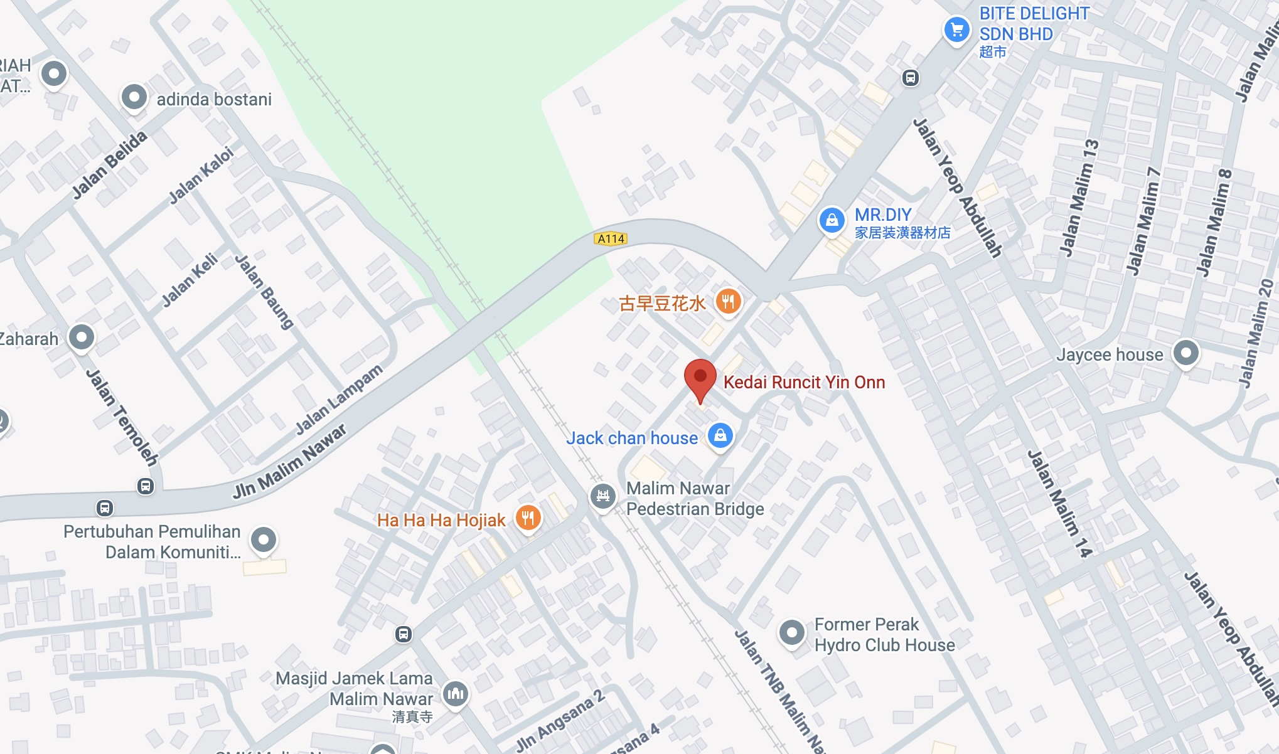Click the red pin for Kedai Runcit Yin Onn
(700, 378)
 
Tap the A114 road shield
(611, 238)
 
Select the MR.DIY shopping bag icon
(832, 220)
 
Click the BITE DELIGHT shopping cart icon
(956, 29)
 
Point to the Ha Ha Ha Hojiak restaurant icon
(528, 518)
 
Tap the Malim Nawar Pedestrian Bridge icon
(602, 496)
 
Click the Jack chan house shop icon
(720, 435)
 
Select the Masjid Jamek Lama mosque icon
(456, 693)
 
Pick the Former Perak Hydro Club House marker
(791, 633)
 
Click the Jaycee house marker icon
(1185, 353)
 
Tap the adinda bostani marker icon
(134, 97)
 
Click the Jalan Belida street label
(109, 164)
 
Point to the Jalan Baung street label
(264, 291)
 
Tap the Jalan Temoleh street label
(122, 417)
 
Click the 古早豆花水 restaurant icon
(728, 302)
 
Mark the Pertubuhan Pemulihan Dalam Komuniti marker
(264, 539)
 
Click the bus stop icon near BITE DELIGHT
(911, 78)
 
